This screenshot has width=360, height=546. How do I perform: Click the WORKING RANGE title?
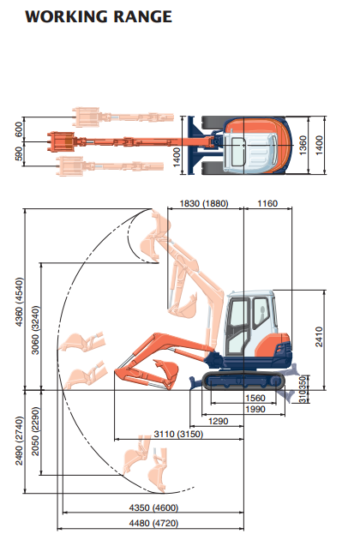tap(99, 17)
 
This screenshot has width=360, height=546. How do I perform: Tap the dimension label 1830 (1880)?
tap(204, 203)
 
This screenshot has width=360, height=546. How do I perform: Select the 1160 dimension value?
tap(267, 203)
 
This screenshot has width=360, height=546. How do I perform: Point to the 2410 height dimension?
tap(319, 337)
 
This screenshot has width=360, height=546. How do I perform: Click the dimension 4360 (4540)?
tap(20, 302)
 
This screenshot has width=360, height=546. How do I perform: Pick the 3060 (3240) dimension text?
tap(35, 330)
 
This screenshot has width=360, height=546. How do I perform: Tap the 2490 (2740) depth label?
tap(19, 441)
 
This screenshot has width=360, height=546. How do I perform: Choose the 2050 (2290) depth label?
tap(35, 431)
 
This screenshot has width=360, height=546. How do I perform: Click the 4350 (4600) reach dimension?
tap(153, 507)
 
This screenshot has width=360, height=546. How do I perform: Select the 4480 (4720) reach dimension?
tap(153, 524)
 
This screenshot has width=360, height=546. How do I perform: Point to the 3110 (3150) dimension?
tap(178, 435)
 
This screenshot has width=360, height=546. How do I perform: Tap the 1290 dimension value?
tap(219, 422)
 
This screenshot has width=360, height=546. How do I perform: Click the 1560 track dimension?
tap(255, 398)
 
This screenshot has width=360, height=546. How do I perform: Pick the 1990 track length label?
tap(255, 409)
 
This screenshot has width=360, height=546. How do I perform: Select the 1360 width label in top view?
tap(303, 146)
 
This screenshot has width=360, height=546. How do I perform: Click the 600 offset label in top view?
tap(20, 129)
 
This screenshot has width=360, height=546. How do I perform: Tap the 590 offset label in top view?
tap(20, 153)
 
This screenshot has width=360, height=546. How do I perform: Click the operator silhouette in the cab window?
tap(261, 313)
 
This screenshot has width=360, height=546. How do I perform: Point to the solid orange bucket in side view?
tap(166, 369)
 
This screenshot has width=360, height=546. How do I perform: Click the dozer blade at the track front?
tap(195, 381)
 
